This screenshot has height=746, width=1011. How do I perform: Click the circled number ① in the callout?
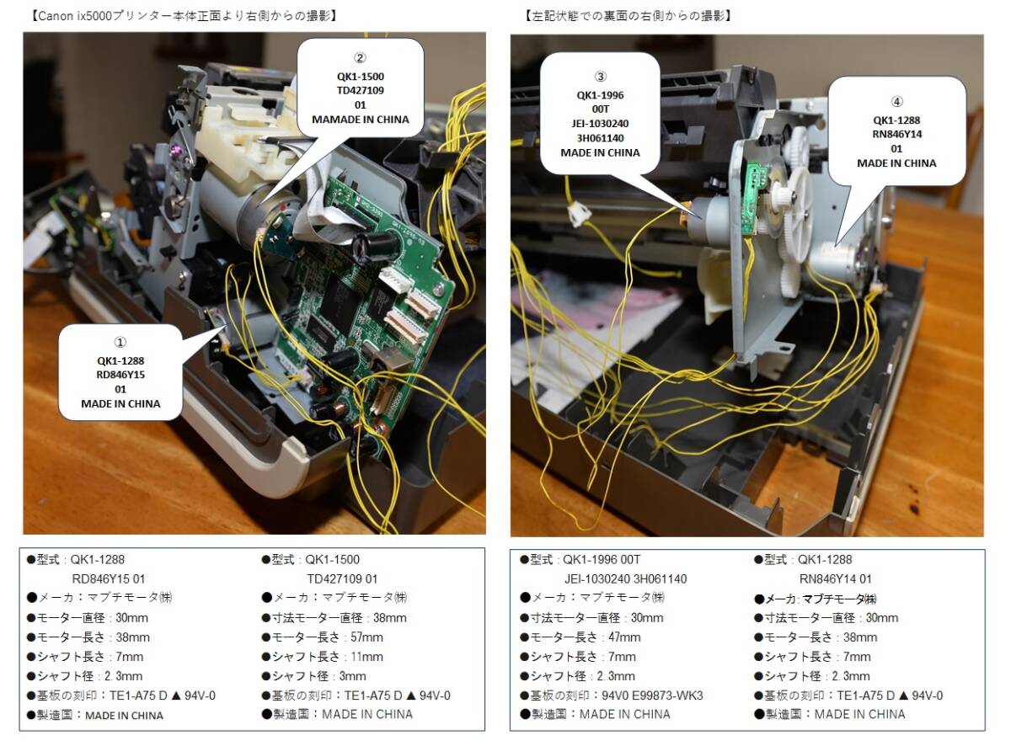[x=120, y=342]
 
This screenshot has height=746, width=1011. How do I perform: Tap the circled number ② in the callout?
[x=360, y=58]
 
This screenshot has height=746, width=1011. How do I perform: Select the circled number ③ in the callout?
[x=601, y=76]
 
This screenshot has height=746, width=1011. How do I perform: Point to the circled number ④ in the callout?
[x=896, y=101]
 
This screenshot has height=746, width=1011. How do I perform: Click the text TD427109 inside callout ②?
[x=360, y=90]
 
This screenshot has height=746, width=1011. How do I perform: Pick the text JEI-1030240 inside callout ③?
[x=600, y=124]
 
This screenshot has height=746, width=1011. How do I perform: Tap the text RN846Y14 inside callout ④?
[x=896, y=134]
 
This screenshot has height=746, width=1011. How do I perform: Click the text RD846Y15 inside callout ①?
[x=120, y=375]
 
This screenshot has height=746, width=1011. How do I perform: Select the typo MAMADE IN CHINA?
[x=360, y=120]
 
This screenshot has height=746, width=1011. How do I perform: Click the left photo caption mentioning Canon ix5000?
[x=184, y=16]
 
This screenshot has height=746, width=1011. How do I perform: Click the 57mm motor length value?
[x=366, y=637]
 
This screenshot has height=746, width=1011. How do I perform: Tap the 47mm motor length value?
[x=624, y=637]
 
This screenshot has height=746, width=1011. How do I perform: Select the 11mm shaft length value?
[x=366, y=656]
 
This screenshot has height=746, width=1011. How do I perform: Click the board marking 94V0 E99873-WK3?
[x=652, y=695]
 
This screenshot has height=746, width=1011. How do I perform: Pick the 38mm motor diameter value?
[x=390, y=617]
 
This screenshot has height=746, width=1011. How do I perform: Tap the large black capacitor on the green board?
[x=377, y=245]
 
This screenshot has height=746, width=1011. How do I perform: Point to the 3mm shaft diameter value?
[x=352, y=676]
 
